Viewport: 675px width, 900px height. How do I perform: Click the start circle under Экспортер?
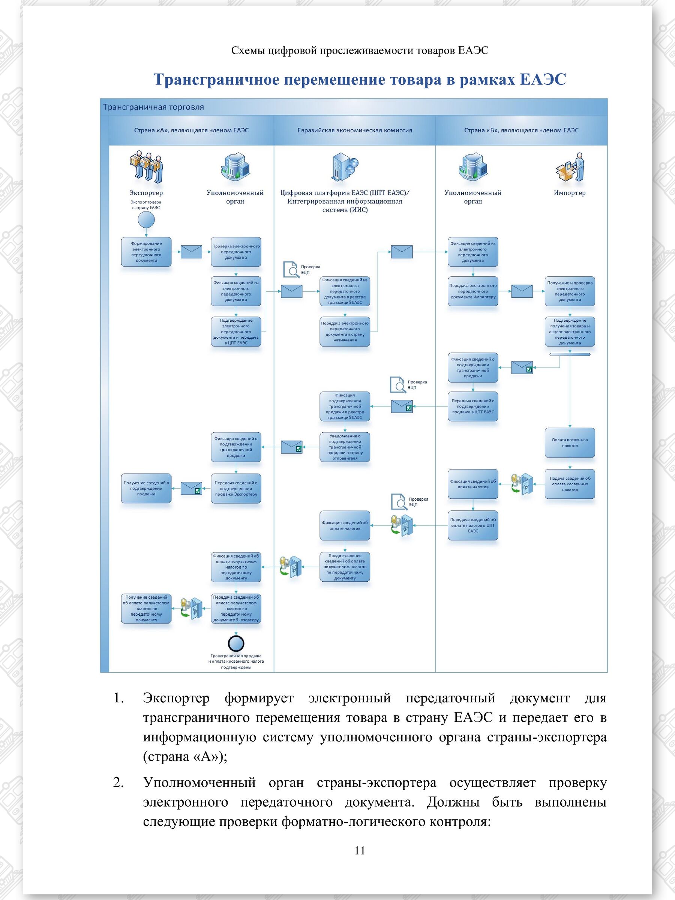click(x=146, y=220)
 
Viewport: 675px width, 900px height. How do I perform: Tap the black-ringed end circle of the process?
click(x=236, y=643)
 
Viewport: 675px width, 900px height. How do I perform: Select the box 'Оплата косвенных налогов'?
click(x=570, y=442)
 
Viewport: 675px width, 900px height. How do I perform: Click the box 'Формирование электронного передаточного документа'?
click(x=146, y=252)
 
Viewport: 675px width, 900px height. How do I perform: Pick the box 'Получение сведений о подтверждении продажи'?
click(x=146, y=488)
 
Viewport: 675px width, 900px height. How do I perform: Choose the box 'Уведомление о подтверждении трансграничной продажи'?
click(x=345, y=447)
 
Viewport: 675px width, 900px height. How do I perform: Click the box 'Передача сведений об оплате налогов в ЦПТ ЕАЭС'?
click(x=473, y=525)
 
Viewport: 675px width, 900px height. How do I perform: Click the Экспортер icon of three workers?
click(x=146, y=167)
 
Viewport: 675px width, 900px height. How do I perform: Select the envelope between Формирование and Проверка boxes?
click(x=191, y=252)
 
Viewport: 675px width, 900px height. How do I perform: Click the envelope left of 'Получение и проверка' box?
click(x=522, y=291)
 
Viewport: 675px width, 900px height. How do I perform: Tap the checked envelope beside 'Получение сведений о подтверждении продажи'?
click(x=191, y=488)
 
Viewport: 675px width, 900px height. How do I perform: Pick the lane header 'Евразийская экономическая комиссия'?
click(x=354, y=130)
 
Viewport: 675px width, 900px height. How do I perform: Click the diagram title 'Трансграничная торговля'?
click(x=153, y=107)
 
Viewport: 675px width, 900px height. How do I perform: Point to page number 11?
click(x=360, y=850)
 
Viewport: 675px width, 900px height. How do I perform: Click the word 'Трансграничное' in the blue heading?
click(x=216, y=79)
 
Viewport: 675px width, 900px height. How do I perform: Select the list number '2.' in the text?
click(x=118, y=782)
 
